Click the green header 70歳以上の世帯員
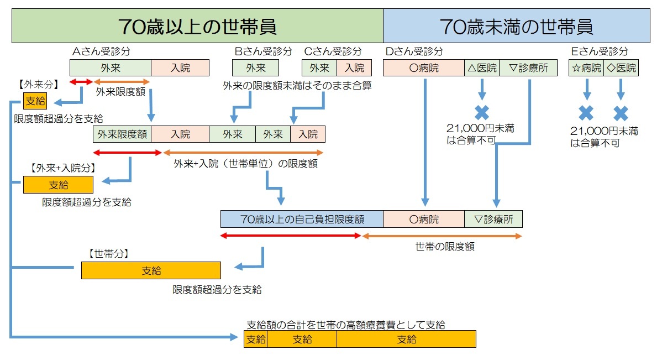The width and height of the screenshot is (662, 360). click(x=197, y=26)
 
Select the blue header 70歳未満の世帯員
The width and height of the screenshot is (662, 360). click(x=516, y=26)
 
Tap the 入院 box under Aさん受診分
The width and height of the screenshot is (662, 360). click(x=180, y=68)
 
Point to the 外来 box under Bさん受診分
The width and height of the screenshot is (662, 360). click(x=255, y=68)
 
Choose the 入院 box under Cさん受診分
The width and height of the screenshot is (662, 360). click(x=354, y=68)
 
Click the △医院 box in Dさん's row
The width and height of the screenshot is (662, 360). click(x=481, y=68)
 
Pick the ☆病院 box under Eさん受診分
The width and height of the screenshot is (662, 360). click(x=586, y=68)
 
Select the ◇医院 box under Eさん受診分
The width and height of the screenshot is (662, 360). click(x=621, y=68)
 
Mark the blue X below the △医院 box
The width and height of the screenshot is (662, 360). click(x=482, y=112)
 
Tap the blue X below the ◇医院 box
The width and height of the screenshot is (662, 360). click(x=621, y=113)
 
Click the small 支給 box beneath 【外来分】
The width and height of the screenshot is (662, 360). click(x=35, y=101)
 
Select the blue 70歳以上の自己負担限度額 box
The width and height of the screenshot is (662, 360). click(x=302, y=219)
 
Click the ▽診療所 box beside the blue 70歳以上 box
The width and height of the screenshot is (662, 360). click(x=493, y=219)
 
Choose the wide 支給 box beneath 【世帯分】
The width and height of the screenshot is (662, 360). click(x=151, y=270)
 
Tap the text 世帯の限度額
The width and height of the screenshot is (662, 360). click(x=444, y=247)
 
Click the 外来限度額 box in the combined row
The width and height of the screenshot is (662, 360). click(x=122, y=134)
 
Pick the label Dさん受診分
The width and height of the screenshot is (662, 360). click(x=413, y=51)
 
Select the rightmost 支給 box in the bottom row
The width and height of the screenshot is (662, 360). click(x=406, y=339)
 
